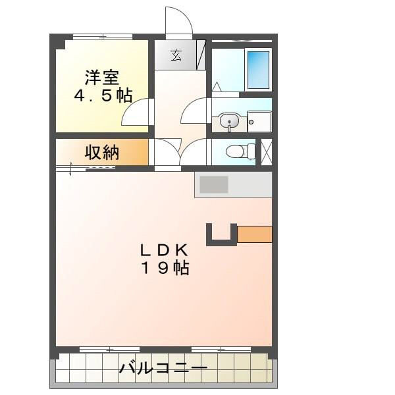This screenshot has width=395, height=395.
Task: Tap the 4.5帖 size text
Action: (x=101, y=95)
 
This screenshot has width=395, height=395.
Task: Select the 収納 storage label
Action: (x=101, y=153)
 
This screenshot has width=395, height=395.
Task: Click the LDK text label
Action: (x=164, y=250)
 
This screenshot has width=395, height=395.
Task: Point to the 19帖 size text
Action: (x=164, y=268)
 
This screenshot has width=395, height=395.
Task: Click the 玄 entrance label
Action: (x=176, y=55)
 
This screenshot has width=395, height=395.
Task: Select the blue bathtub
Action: (x=258, y=68)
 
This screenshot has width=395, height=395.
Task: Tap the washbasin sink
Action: (x=229, y=121)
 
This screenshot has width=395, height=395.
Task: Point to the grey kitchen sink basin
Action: (x=214, y=184)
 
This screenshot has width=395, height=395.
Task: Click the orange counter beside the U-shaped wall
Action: (x=254, y=234)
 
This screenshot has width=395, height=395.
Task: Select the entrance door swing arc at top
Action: (x=178, y=21)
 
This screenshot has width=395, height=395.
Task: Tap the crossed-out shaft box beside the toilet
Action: (x=267, y=151)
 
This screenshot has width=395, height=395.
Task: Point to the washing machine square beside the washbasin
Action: (x=259, y=121)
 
